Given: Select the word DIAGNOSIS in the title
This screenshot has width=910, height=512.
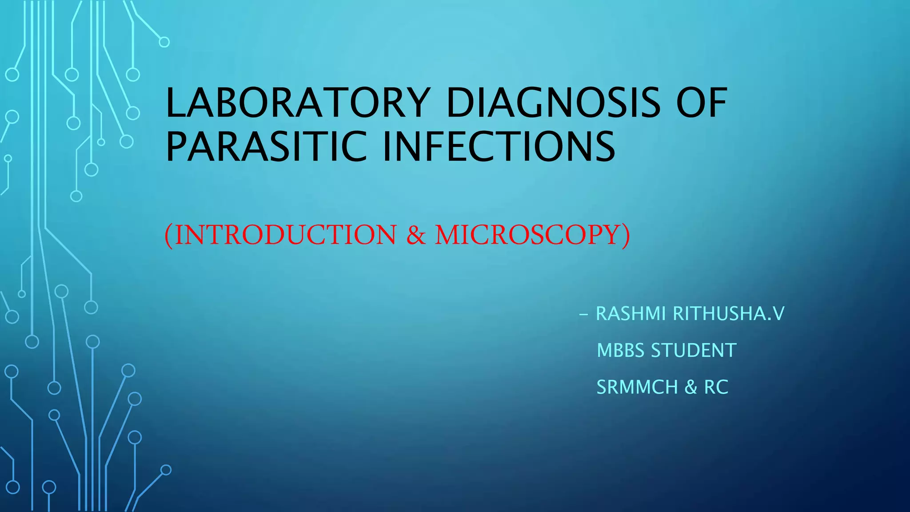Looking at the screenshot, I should coord(553,103).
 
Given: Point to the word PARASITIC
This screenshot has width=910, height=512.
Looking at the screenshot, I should coord(266,147).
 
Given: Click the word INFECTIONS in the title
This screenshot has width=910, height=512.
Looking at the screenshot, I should coord(499,147).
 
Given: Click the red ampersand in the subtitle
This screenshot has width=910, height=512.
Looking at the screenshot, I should coord(416,235).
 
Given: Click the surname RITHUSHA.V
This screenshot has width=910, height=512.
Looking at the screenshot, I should coord(729,314).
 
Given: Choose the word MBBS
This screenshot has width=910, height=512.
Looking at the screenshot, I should coord(620,351).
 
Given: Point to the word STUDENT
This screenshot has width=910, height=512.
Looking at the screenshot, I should coord(694,351).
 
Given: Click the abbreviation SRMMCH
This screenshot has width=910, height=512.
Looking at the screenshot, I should coord(637,387).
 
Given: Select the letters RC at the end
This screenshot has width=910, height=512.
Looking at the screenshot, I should coord(716,387).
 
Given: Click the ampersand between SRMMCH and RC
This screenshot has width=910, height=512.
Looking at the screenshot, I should coord(691,387).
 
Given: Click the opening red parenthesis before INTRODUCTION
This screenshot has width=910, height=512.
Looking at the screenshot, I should coord(168,235).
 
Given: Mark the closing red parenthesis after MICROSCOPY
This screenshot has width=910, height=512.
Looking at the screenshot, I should coord(626,235).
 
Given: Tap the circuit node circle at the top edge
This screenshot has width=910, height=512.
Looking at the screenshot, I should coord(164,42).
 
